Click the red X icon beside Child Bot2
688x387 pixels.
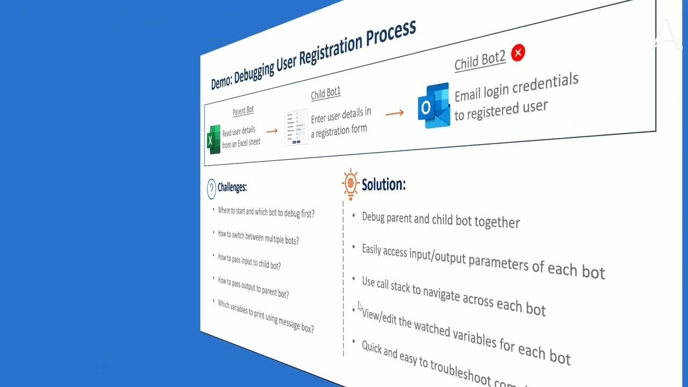coord(518,53)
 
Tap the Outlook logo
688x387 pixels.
coord(433,105)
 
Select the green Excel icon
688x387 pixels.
coord(214,140)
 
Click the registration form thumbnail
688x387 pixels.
coord(297,128)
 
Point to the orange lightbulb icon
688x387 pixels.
coord(350,184)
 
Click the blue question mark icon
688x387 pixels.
coord(211,189)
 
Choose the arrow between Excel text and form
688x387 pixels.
coord(272,131)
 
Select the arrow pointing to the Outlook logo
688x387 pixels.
coord(395,113)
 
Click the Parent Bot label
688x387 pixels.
coord(243,111)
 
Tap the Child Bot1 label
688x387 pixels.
coord(326,94)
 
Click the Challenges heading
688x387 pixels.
coord(232,188)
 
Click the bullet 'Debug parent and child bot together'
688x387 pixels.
coord(441,220)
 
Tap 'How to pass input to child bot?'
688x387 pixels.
coord(249,262)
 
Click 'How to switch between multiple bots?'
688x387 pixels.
coord(258,237)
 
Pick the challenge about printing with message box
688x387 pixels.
coord(266,317)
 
